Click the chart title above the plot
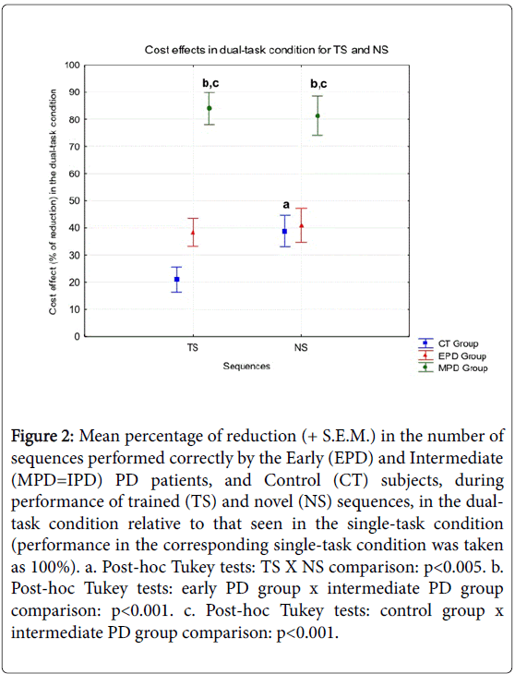click(267, 50)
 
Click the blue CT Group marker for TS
click(176, 280)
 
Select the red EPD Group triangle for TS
click(193, 233)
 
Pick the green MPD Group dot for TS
click(210, 108)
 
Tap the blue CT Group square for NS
click(284, 231)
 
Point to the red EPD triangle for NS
click(301, 225)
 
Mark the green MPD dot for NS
click(317, 115)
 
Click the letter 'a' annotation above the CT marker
click(286, 205)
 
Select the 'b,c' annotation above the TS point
click(211, 83)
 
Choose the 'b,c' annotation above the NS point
click(318, 83)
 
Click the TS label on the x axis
click(193, 347)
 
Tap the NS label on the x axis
click(301, 347)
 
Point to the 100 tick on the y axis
click(72, 66)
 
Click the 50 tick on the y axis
click(75, 200)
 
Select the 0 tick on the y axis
click(78, 337)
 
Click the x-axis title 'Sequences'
click(246, 367)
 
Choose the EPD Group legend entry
click(452, 355)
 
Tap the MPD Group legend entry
click(453, 368)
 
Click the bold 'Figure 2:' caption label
click(42, 437)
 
